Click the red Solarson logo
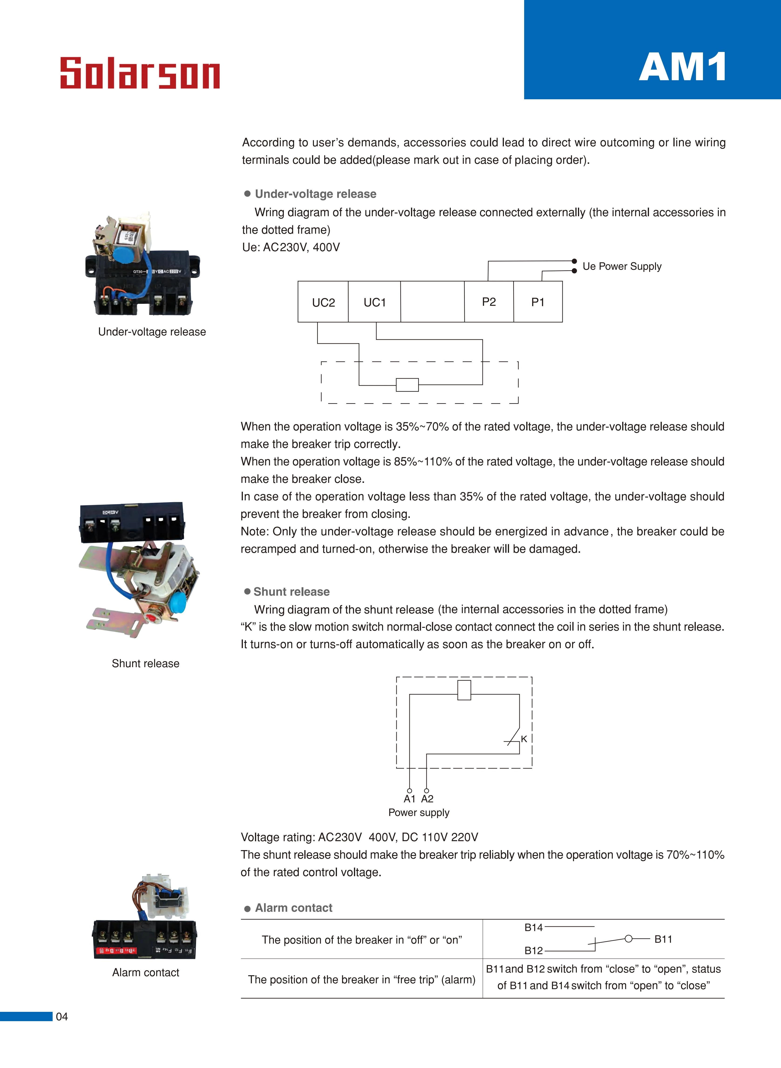[140, 73]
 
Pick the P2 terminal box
[489, 302]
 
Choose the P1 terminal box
[538, 302]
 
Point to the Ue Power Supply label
[622, 266]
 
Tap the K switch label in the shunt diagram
[524, 739]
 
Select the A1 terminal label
[409, 799]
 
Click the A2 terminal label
[427, 799]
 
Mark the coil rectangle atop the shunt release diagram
[464, 690]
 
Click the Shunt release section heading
[291, 592]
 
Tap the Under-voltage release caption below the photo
[152, 332]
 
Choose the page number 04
[62, 1016]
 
